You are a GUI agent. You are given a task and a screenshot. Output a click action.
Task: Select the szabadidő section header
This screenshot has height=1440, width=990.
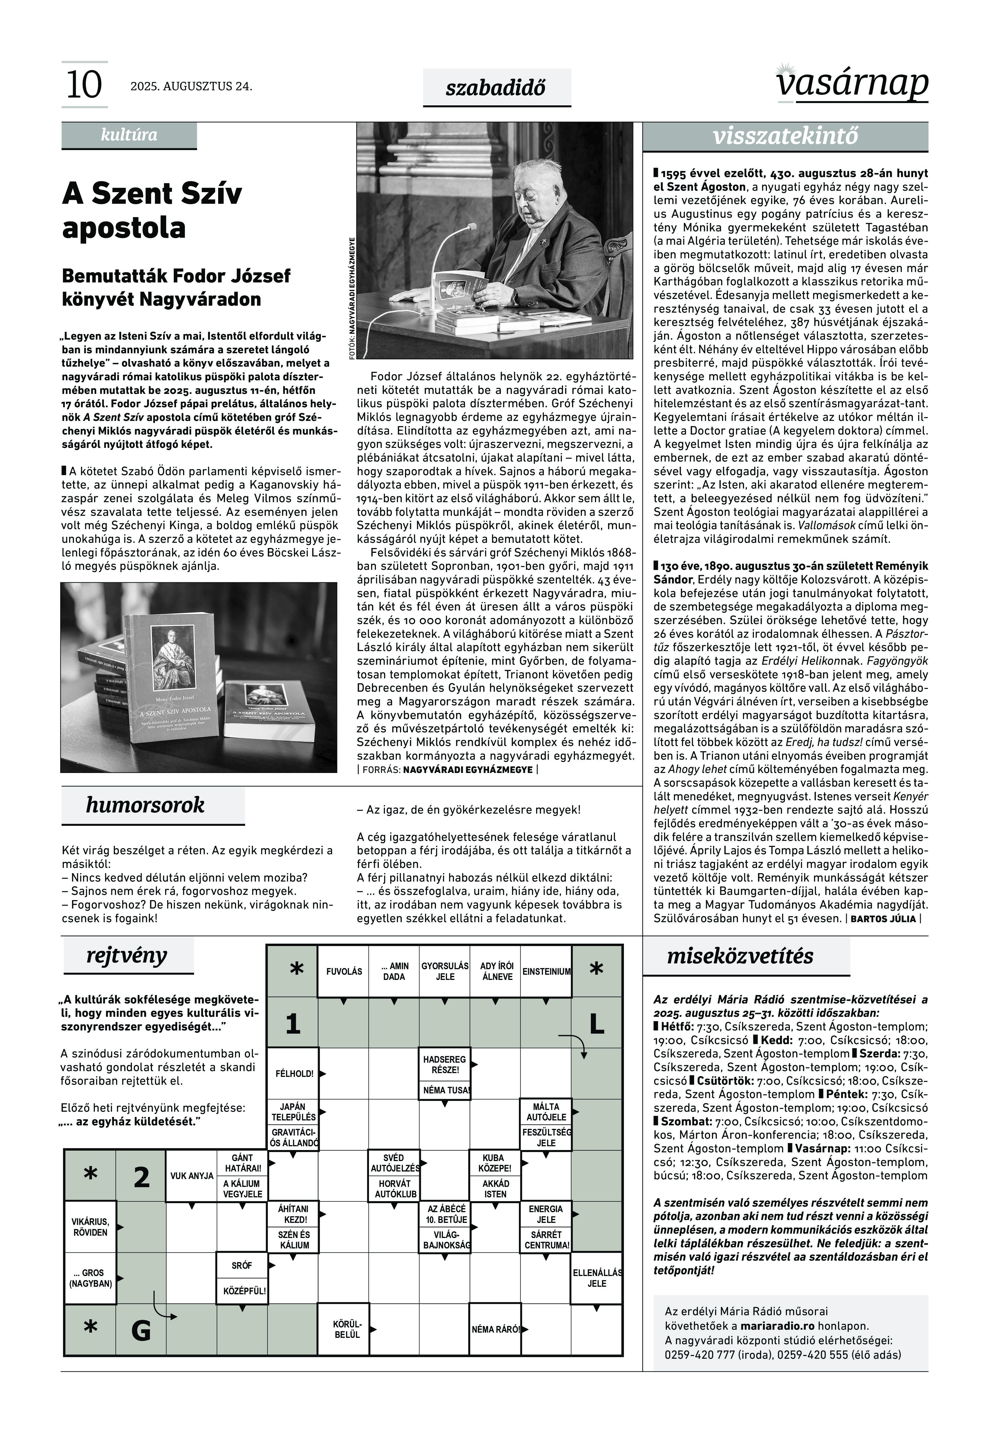[496, 88]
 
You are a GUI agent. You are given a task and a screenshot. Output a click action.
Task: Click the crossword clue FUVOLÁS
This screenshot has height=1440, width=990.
[344, 972]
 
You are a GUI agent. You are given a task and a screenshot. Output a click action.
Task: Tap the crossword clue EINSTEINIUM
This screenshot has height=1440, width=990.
[546, 972]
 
